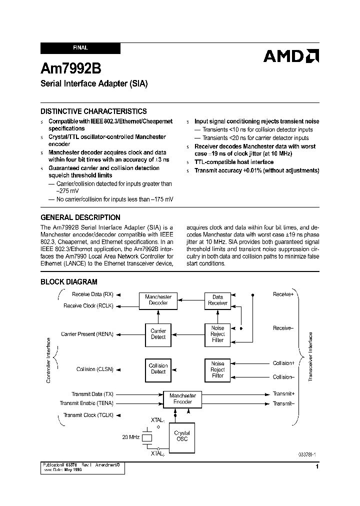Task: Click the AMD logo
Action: coord(291,56)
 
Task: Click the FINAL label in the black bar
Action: coord(80,48)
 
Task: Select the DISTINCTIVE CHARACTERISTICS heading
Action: coord(93,111)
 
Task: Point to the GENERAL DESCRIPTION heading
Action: coord(80,217)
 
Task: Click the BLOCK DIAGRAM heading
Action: coord(69,282)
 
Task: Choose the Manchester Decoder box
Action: coord(158,300)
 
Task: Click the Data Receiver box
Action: coord(217,300)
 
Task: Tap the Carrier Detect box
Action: coord(158,334)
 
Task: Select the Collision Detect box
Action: coord(158,368)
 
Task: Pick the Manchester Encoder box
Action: coord(182,398)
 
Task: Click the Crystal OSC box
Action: coord(182,436)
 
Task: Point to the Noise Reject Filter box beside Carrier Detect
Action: coord(217,334)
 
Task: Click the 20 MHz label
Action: coord(131,437)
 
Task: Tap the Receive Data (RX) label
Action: coord(93,294)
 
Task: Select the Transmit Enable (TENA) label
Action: coord(86,403)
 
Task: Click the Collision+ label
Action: coord(283,363)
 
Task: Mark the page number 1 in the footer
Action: coord(317,466)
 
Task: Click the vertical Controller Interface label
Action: coord(48,360)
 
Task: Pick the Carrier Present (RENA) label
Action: coord(87,333)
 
